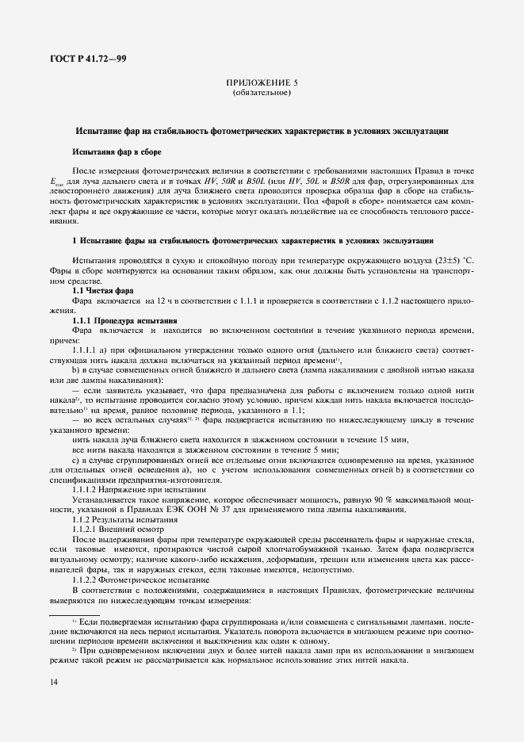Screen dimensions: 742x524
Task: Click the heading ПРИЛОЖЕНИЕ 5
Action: click(262, 82)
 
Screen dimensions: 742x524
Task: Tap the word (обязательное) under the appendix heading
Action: click(262, 93)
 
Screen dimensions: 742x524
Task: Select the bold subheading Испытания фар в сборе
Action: click(117, 151)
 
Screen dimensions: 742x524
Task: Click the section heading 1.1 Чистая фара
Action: click(104, 291)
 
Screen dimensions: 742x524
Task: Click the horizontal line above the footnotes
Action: click(75, 614)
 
